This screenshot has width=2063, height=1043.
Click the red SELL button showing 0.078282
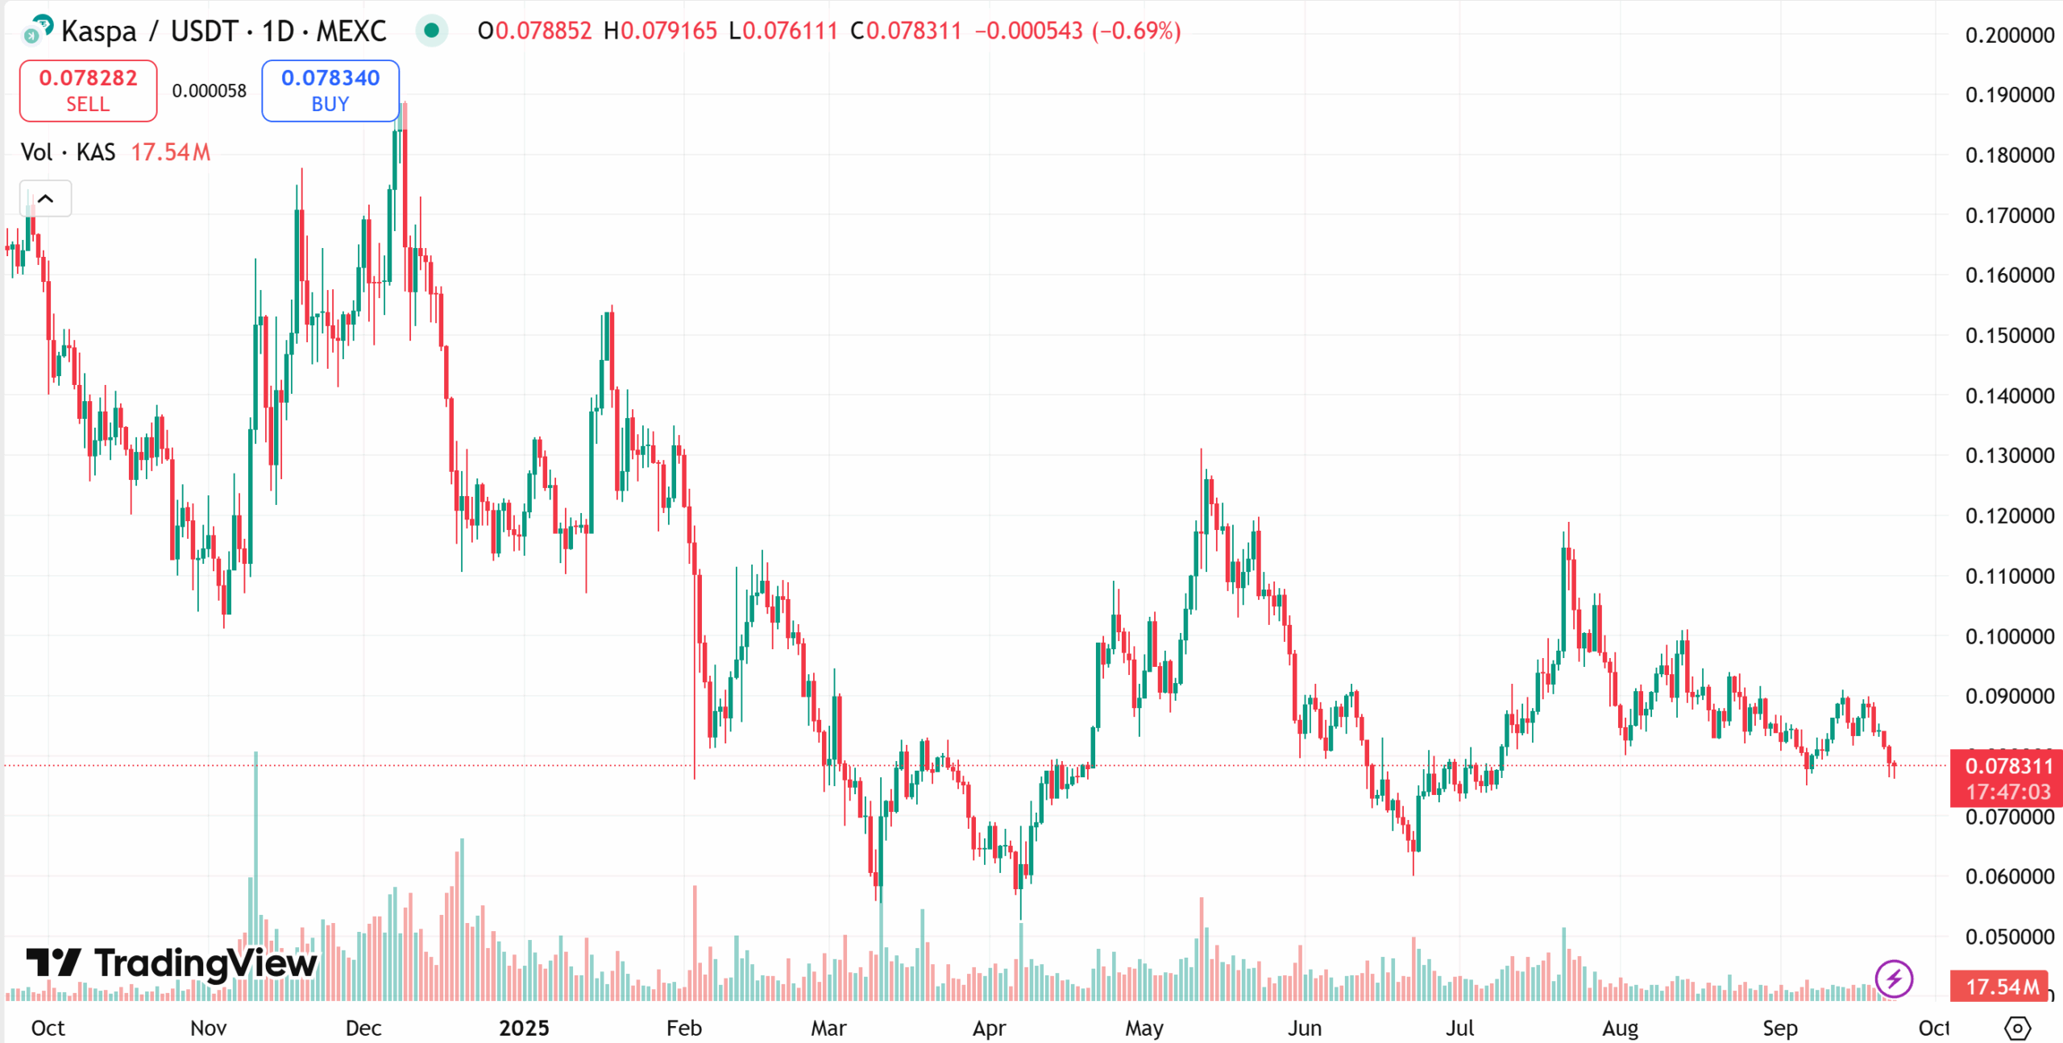pyautogui.click(x=88, y=91)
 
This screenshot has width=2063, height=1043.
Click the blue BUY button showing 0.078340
pyautogui.click(x=330, y=91)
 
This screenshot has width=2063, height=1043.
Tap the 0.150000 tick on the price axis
pyautogui.click(x=2009, y=336)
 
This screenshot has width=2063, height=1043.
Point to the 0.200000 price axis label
pyautogui.click(x=2009, y=35)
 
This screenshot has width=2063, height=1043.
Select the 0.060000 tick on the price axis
pyautogui.click(x=2009, y=876)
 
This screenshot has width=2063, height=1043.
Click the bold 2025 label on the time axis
pyautogui.click(x=524, y=1028)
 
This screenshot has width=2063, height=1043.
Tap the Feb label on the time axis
pyautogui.click(x=683, y=1028)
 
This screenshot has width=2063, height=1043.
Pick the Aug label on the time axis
pyautogui.click(x=1620, y=1028)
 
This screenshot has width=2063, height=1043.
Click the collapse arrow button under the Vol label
pyautogui.click(x=46, y=199)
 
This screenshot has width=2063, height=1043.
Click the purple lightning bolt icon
pyautogui.click(x=1893, y=979)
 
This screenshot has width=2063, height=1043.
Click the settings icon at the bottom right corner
pyautogui.click(x=2017, y=1028)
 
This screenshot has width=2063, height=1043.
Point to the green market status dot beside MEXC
pyautogui.click(x=431, y=31)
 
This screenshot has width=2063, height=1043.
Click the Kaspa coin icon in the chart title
pyautogui.click(x=38, y=30)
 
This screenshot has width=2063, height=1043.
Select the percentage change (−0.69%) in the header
pyautogui.click(x=1136, y=31)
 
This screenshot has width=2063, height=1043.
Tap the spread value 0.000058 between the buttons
pyautogui.click(x=209, y=91)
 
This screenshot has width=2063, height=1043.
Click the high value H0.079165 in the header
pyautogui.click(x=660, y=31)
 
